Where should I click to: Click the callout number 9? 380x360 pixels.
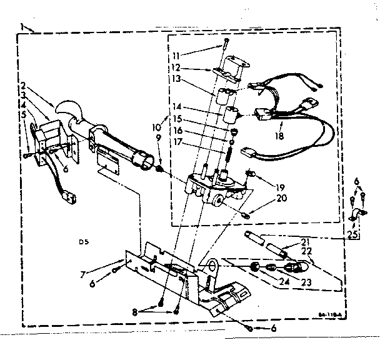click(x=158, y=137)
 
